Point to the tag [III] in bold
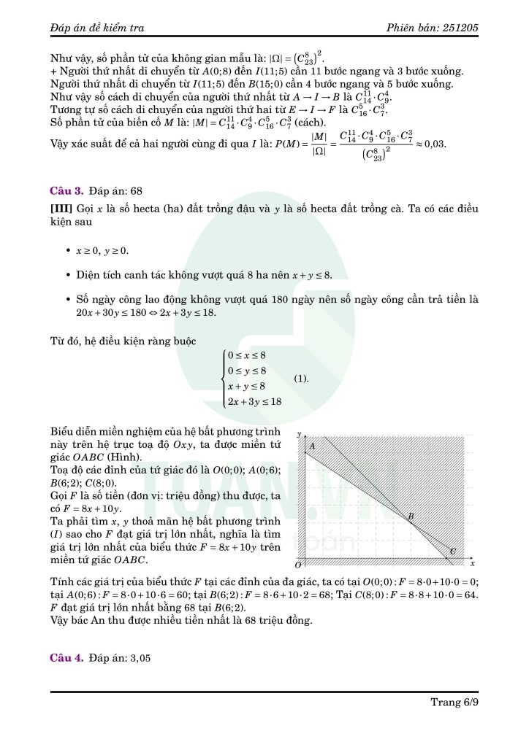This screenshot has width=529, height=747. pos(60,209)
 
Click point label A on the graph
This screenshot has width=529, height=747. pos(312,446)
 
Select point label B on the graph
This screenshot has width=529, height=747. pos(411,517)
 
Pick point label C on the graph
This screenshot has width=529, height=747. pos(452,551)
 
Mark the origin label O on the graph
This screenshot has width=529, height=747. pos(298,565)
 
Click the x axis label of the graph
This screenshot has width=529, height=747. pos(472,564)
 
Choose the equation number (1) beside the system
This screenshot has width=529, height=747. pos(301,379)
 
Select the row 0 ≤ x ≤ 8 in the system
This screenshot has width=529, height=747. pos(246,355)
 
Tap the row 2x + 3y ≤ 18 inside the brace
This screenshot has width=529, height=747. pos(254,402)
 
